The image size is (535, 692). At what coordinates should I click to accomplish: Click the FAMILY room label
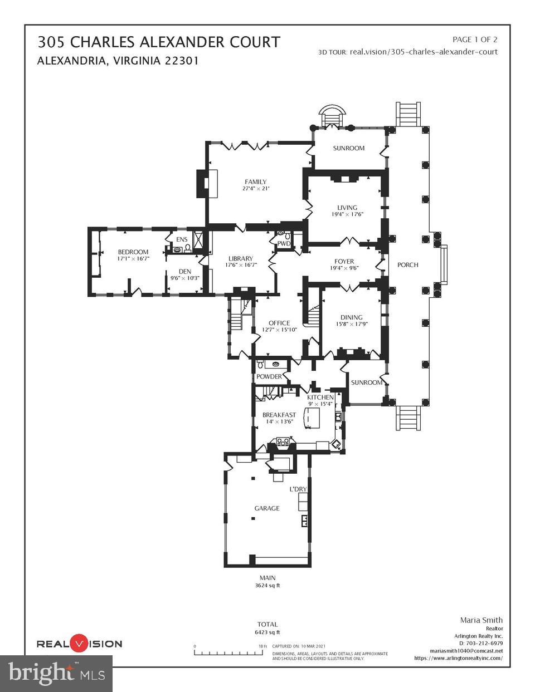point(255,181)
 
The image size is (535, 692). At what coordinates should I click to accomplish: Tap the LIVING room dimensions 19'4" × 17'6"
point(347,214)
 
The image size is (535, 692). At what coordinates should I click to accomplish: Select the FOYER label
point(344,261)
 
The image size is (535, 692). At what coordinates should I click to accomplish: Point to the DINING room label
point(351,317)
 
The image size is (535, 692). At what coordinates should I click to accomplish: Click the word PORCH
point(407,264)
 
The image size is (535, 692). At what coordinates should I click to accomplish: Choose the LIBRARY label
point(240,258)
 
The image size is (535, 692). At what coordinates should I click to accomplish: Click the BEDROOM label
point(133,252)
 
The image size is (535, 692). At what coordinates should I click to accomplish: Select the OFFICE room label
point(279,323)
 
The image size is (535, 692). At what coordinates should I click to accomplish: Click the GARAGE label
point(267,508)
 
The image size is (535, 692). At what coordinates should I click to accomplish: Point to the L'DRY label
point(298,489)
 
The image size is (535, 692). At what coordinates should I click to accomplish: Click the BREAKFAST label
point(279,415)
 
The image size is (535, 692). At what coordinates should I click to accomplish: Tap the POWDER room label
point(269,376)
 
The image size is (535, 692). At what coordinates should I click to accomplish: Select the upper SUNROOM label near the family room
point(348,148)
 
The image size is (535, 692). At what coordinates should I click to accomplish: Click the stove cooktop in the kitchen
point(283,443)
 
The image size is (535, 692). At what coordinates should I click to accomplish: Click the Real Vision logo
point(79,644)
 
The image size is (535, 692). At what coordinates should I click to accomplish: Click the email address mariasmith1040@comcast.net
point(466,650)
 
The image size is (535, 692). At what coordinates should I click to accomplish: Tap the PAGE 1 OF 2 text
point(475,40)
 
